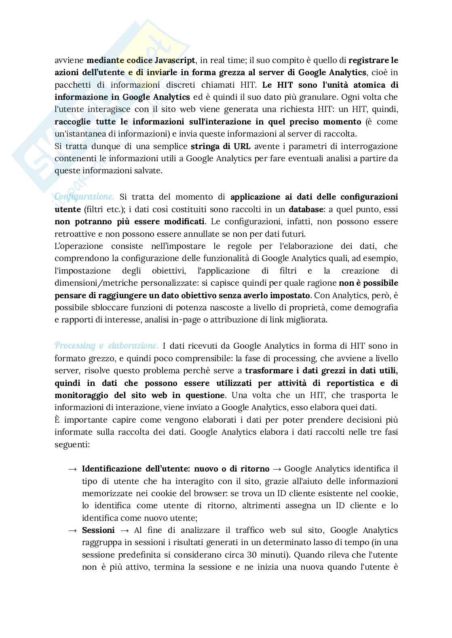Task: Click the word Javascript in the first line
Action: coord(175,61)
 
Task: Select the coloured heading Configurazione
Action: coord(84,197)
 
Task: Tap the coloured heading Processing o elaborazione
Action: coord(106,345)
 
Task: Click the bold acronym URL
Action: coord(241,146)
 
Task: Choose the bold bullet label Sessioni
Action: coord(98,530)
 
